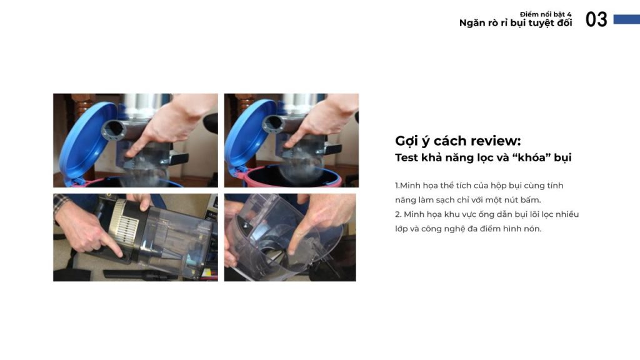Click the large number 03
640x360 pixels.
[x=596, y=19]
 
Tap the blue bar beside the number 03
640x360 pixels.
[x=626, y=19]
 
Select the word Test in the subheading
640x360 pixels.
[x=406, y=157]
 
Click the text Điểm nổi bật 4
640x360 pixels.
[x=546, y=14]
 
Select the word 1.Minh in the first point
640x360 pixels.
[x=409, y=186]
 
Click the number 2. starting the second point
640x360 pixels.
[x=398, y=214]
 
